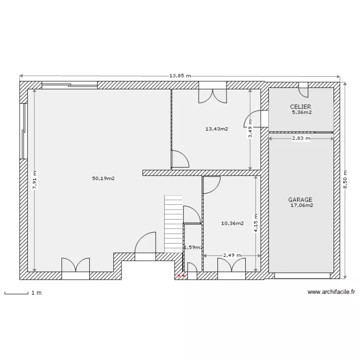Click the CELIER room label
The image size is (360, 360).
click(300, 107)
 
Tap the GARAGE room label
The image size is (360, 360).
click(300, 200)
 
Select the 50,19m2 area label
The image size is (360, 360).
click(103, 179)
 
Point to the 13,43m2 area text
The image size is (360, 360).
click(217, 129)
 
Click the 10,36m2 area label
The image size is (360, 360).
click(232, 223)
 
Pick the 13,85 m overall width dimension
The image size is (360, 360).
click(180, 76)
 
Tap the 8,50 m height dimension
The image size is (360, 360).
click(345, 180)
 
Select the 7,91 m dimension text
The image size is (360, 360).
click(35, 180)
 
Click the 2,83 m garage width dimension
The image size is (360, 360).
click(301, 138)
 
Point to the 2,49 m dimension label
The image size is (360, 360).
click(232, 255)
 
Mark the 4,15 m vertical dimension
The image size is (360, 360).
click(256, 223)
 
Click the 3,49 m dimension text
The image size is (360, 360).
click(250, 129)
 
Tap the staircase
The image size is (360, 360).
click(173, 224)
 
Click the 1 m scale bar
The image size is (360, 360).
click(16, 293)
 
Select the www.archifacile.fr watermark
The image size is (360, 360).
click(331, 292)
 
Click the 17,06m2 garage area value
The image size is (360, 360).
click(302, 205)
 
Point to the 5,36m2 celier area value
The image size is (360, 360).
click(302, 112)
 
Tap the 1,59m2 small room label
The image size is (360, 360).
click(193, 248)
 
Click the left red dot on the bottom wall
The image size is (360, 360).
click(179, 276)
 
